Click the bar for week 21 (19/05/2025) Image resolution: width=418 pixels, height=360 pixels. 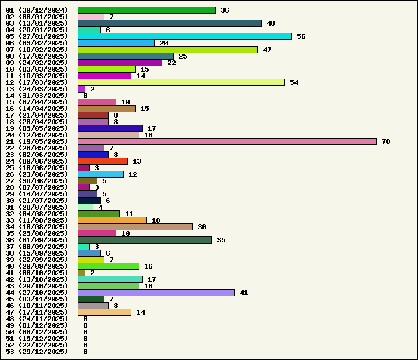[x=227, y=141]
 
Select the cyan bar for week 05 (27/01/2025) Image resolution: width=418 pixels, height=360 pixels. [x=185, y=36]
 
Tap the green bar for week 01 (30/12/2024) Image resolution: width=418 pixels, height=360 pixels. [x=146, y=10]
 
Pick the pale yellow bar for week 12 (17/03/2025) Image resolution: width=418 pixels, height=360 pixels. [x=181, y=82]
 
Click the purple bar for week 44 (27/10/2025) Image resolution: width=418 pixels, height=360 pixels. [x=156, y=293]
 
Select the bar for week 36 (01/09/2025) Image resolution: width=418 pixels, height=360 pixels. [x=145, y=240]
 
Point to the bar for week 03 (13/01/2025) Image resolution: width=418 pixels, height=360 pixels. [x=169, y=23]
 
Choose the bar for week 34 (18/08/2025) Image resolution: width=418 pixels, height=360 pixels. [x=135, y=227]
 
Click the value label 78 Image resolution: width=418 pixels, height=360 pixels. [x=386, y=141]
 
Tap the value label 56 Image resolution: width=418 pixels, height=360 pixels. [x=301, y=36]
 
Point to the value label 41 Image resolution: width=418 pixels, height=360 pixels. [x=244, y=293]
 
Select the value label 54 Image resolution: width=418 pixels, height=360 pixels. [x=294, y=82]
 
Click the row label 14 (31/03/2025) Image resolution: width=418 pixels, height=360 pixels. [x=36, y=96]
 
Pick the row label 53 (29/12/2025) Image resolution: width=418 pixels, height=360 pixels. [x=36, y=352]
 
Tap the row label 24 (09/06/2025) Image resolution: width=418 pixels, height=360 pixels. [x=36, y=161]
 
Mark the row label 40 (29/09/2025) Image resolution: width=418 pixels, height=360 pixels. [x=36, y=266]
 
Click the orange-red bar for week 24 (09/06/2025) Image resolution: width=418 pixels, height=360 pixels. [x=103, y=161]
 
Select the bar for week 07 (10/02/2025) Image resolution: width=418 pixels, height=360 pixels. [x=167, y=50]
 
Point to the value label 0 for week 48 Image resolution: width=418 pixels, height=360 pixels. [x=85, y=319]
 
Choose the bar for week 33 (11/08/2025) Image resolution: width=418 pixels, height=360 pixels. [x=112, y=220]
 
